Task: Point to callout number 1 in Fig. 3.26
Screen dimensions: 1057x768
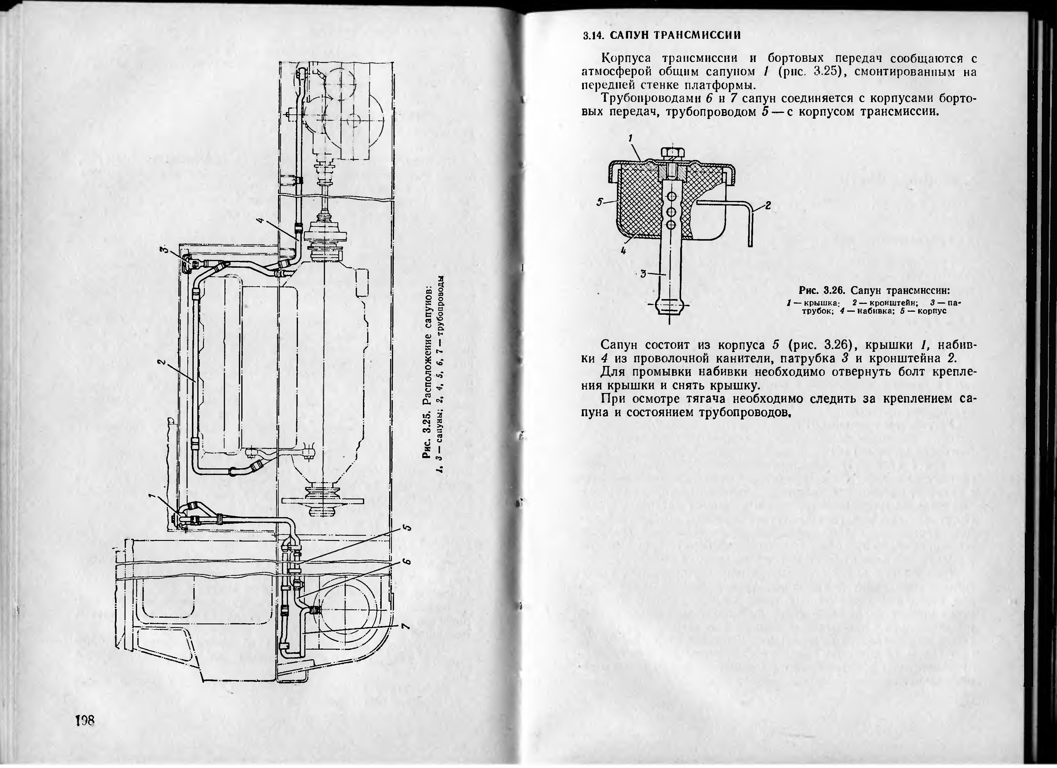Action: point(630,138)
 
